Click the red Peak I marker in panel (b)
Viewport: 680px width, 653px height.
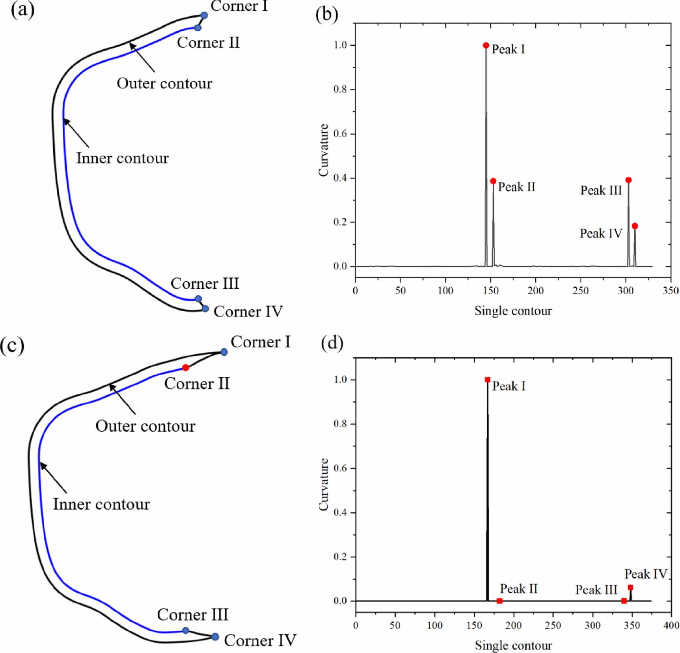(486, 45)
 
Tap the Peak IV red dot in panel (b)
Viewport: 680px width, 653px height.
(635, 226)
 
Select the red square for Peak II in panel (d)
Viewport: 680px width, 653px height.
(499, 601)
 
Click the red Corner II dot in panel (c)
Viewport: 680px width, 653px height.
(186, 368)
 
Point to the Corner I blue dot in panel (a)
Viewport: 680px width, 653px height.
(204, 15)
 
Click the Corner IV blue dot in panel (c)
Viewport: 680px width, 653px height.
(215, 637)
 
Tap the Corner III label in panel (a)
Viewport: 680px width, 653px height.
(205, 284)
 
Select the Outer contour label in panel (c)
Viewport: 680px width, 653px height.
(145, 426)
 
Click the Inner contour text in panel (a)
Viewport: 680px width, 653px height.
(122, 158)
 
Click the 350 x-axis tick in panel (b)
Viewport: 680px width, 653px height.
(671, 291)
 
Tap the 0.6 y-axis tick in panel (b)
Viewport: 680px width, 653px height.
(340, 134)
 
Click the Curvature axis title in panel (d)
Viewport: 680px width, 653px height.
(324, 485)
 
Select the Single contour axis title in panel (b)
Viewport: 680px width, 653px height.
(513, 311)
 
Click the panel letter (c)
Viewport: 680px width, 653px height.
(12, 346)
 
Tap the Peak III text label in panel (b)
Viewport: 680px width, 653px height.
(601, 191)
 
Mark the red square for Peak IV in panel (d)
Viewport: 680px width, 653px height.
(630, 588)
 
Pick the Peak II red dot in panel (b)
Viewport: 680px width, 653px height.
(493, 181)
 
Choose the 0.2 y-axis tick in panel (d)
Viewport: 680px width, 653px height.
(340, 557)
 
